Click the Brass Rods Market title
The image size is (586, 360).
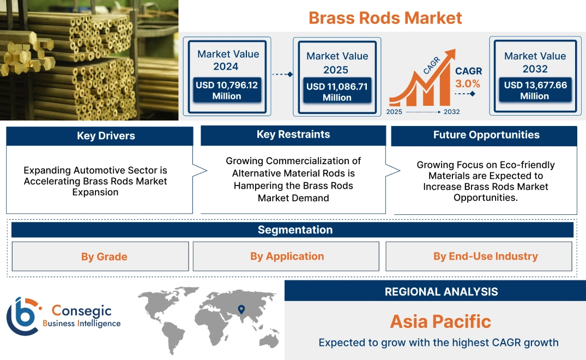(385, 17)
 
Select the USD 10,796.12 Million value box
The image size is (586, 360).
(226, 90)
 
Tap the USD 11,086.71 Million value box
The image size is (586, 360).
(337, 92)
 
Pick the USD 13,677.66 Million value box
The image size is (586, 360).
(535, 90)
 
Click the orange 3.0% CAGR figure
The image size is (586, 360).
(468, 83)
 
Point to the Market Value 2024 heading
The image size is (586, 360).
(228, 60)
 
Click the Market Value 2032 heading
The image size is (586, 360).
(535, 62)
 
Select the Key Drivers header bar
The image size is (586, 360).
(99, 136)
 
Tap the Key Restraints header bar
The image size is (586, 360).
(293, 135)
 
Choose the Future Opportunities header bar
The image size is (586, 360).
(484, 135)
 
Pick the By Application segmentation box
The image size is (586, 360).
(286, 256)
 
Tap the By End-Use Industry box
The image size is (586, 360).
(479, 256)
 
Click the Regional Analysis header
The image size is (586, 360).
(435, 291)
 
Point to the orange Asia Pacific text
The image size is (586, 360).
(440, 321)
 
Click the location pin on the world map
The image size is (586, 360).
(241, 310)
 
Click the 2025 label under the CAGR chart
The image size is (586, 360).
(395, 112)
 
